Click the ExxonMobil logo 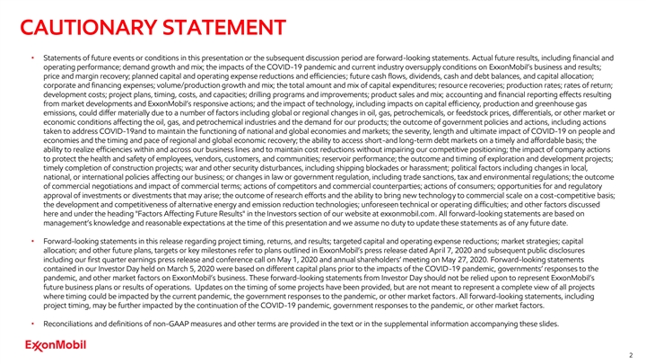(43, 343)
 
